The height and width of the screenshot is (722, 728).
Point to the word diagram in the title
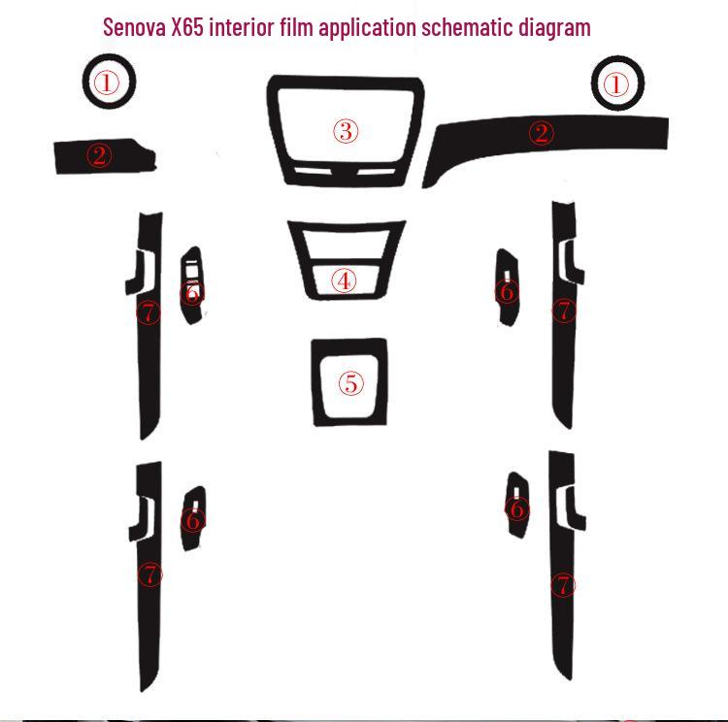pyautogui.click(x=552, y=27)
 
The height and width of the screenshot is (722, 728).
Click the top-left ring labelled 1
pyautogui.click(x=108, y=83)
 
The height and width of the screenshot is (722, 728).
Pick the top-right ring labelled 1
pyautogui.click(x=616, y=84)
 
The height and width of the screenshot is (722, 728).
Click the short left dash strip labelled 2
pyautogui.click(x=100, y=155)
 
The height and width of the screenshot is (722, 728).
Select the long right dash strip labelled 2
pyautogui.click(x=542, y=134)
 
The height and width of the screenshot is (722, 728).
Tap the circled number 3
pyautogui.click(x=347, y=131)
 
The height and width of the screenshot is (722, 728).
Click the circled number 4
pyautogui.click(x=344, y=281)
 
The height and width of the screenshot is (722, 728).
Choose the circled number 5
pyautogui.click(x=350, y=383)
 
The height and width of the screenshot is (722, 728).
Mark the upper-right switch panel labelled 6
pyautogui.click(x=507, y=290)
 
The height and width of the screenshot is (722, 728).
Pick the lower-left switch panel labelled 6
pyautogui.click(x=193, y=520)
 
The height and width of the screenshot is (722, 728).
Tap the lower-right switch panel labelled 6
pyautogui.click(x=517, y=509)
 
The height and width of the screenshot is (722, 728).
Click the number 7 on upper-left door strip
pyautogui.click(x=148, y=312)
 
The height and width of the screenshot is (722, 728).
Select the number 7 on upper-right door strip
pyautogui.click(x=565, y=311)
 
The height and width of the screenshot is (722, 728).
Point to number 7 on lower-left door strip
pyautogui.click(x=149, y=574)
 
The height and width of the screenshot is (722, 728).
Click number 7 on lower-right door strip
pyautogui.click(x=564, y=585)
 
